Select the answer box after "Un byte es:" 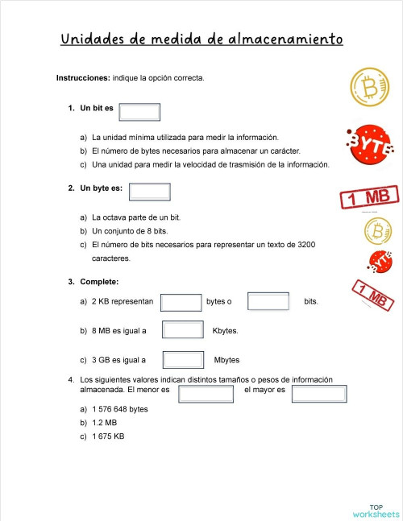point(150,192)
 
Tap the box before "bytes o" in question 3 point(181,302)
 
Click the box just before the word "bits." point(268,302)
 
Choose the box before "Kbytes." point(183,330)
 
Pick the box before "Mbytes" point(183,360)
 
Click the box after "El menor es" point(206,393)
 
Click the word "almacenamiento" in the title point(286,39)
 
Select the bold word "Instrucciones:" point(83,78)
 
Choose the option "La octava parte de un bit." point(135,217)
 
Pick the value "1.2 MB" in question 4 point(105,423)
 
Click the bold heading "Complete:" point(99,282)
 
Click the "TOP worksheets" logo point(375,510)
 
